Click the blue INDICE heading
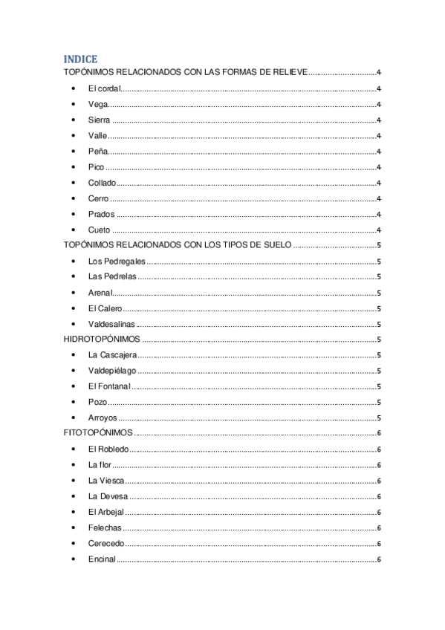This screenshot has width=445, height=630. coord(80,59)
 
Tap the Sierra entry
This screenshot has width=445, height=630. coord(99,120)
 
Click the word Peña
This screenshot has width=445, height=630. coord(98,152)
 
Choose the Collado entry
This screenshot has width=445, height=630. coord(102,183)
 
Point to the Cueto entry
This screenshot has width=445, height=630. coord(99,230)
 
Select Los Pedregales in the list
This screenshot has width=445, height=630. coord(117,261)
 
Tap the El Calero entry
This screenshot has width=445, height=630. coord(105,308)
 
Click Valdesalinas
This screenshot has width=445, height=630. coord(112,324)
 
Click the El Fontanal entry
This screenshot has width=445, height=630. coord(109,386)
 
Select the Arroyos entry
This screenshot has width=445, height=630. coord(103,418)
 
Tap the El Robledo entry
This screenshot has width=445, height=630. coord(108,449)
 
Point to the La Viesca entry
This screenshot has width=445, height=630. coord(106,480)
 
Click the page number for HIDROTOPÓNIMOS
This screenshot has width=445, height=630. coord(379,339)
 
